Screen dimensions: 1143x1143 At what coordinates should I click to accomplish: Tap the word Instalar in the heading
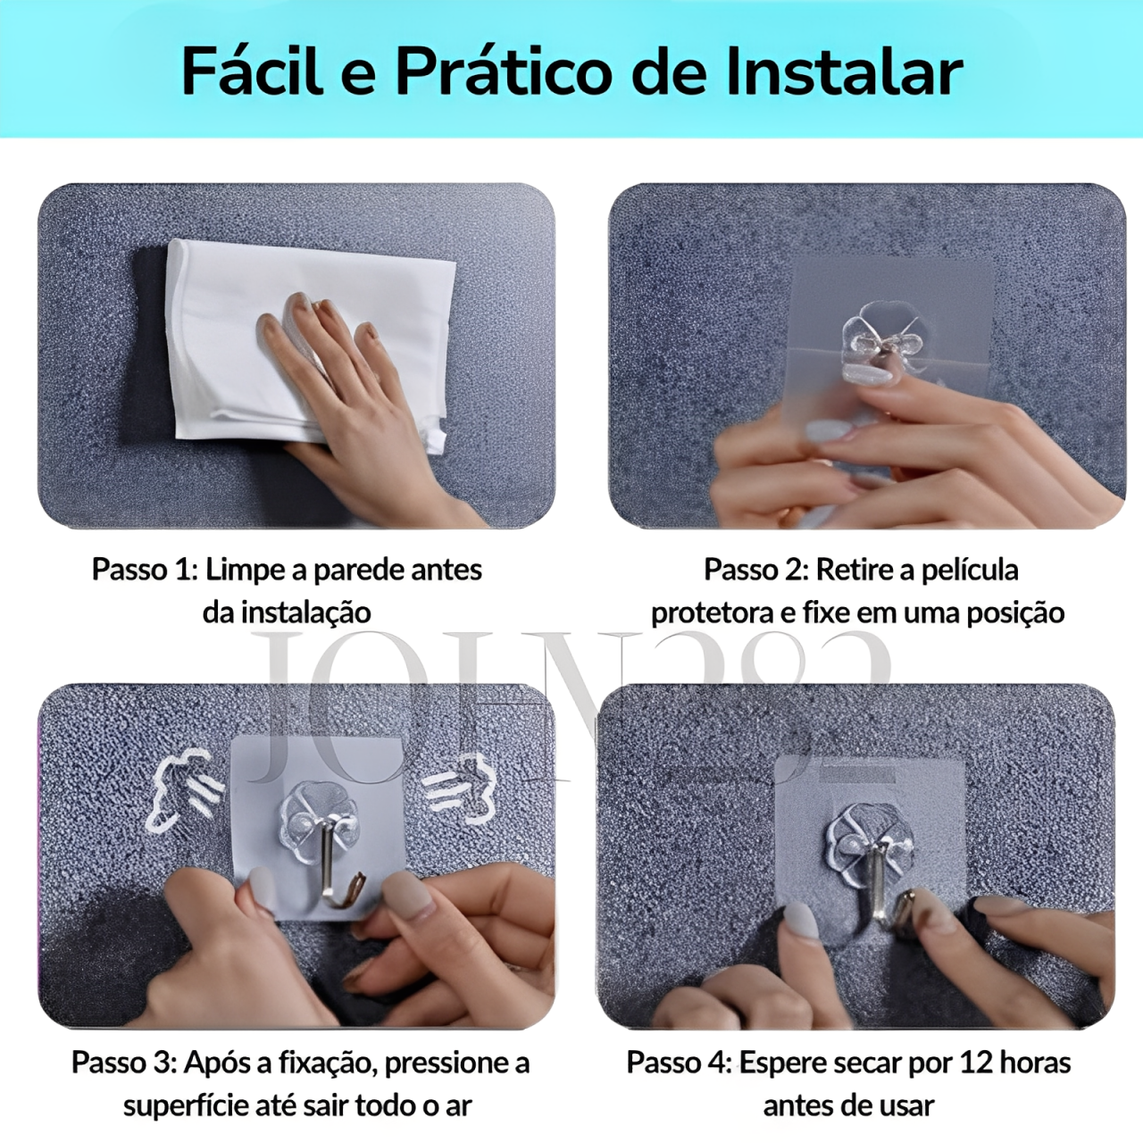tap(844, 71)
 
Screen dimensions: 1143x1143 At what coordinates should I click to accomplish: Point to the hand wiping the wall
tap(356, 404)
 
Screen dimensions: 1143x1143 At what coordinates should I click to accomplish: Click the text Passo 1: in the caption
tap(145, 570)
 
